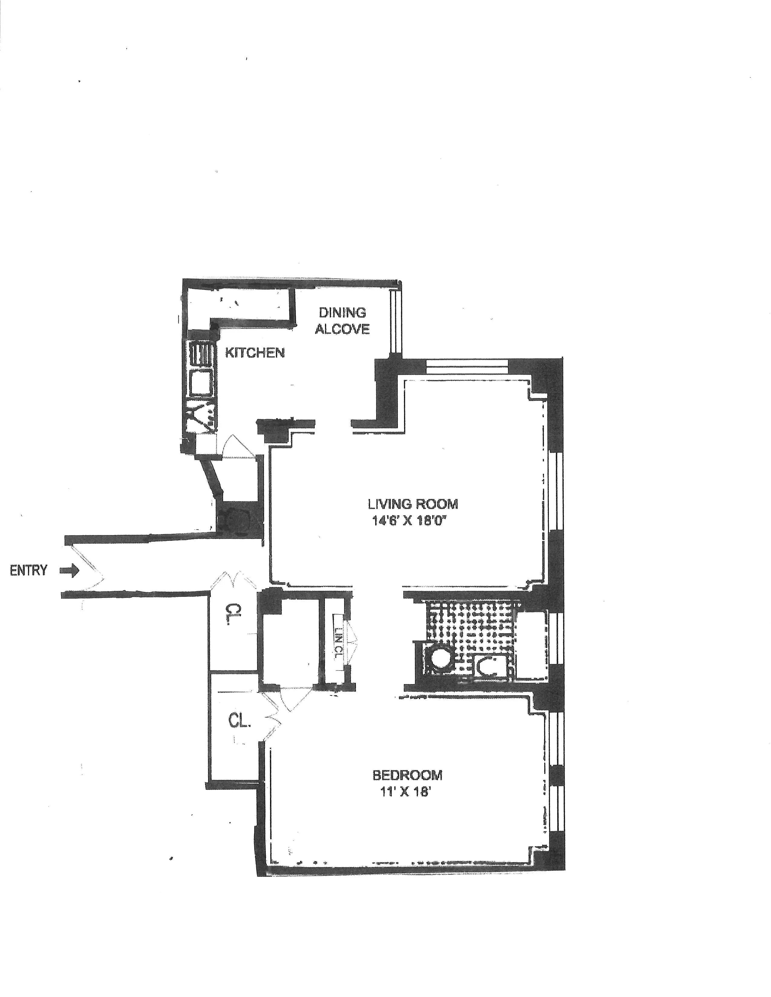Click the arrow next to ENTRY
click(x=70, y=571)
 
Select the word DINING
click(x=342, y=313)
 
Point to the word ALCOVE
click(x=342, y=329)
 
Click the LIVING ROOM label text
click(x=412, y=504)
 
